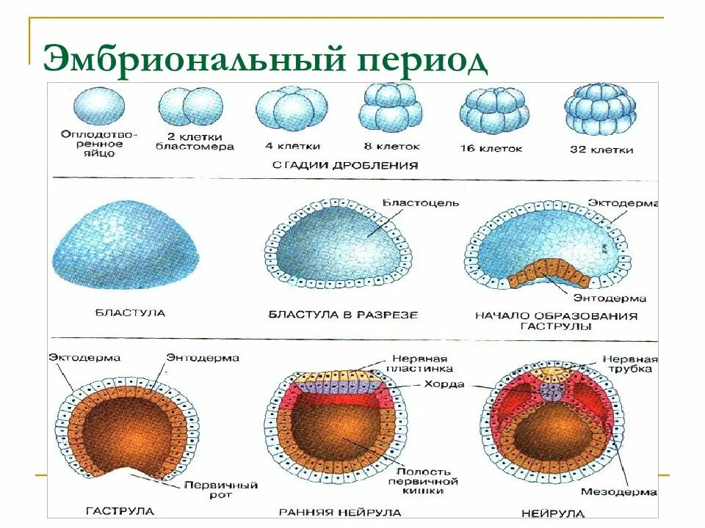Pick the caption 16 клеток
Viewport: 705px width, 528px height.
pos(491,148)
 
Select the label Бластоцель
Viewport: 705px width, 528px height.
pos(421,202)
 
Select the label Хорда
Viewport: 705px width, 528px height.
pos(444,384)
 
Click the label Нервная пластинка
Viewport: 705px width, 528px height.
pos(417,363)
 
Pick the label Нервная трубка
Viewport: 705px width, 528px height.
pos(630,364)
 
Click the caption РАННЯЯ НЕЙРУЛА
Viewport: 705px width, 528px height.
pos(340,512)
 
